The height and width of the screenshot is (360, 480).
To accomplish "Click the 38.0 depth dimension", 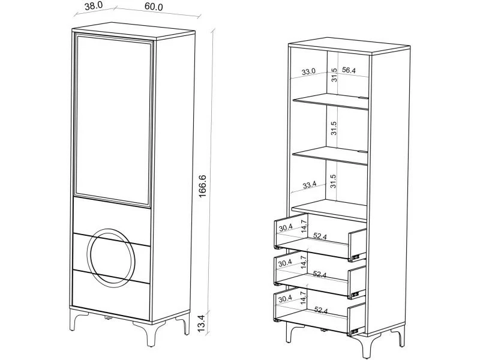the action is [x=94, y=6].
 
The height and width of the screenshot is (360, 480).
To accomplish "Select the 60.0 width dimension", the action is [x=154, y=7].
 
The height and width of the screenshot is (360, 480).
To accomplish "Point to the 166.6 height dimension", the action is [x=203, y=186].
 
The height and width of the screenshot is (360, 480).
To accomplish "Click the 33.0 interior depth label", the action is [x=308, y=71].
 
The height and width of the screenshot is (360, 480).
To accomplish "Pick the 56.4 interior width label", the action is [x=349, y=70].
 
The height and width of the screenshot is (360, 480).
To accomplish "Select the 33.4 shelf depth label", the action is [x=310, y=185].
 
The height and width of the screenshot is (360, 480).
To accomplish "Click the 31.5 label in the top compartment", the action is [x=334, y=74].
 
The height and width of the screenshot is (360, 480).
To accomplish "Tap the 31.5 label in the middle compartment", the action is [x=334, y=128].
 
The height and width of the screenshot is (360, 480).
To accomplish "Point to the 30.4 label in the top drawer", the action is [x=286, y=227].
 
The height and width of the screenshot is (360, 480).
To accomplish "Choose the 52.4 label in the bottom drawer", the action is [x=321, y=310].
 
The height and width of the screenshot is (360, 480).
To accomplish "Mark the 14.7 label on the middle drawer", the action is [x=303, y=262].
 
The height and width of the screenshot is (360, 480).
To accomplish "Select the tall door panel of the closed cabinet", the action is [x=113, y=120].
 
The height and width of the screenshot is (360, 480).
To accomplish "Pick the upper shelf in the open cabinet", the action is [x=331, y=101].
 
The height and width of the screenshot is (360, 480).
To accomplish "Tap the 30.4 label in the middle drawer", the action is [x=286, y=263].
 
